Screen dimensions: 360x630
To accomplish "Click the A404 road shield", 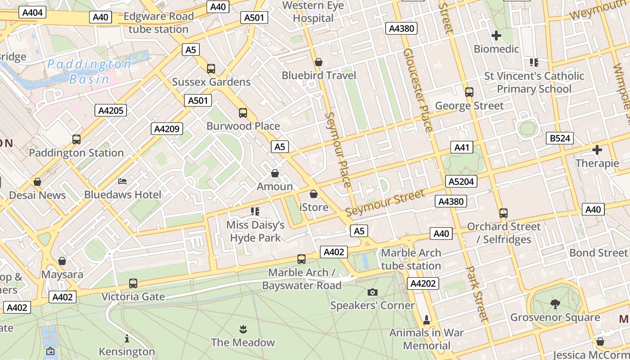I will click(x=32, y=12).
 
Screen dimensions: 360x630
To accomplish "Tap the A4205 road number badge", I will click(x=111, y=110).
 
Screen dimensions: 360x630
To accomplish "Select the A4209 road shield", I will click(x=166, y=129).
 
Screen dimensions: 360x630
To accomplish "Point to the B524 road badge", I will click(x=560, y=138).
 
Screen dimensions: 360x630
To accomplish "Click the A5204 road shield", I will click(x=461, y=181).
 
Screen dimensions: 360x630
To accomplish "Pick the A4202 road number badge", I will click(x=423, y=283).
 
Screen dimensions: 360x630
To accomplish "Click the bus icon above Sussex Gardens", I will click(x=211, y=69).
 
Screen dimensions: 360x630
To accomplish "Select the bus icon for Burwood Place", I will click(x=243, y=112).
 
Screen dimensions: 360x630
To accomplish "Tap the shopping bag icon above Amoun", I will click(x=275, y=173).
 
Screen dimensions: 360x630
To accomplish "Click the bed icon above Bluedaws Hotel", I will click(x=122, y=181).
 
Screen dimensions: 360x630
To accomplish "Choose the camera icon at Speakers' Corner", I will click(x=372, y=292).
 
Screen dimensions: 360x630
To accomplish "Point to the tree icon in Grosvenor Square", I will click(x=555, y=304).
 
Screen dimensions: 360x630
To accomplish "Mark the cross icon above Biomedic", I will click(x=496, y=35).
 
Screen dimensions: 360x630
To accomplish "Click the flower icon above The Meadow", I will click(x=243, y=329).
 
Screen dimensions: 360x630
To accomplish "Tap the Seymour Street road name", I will click(x=385, y=203).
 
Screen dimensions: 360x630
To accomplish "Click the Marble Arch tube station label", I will click(x=411, y=259).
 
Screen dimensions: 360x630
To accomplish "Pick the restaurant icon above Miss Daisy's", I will click(x=255, y=211).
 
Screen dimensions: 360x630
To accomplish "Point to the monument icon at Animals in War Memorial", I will click(x=427, y=320).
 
